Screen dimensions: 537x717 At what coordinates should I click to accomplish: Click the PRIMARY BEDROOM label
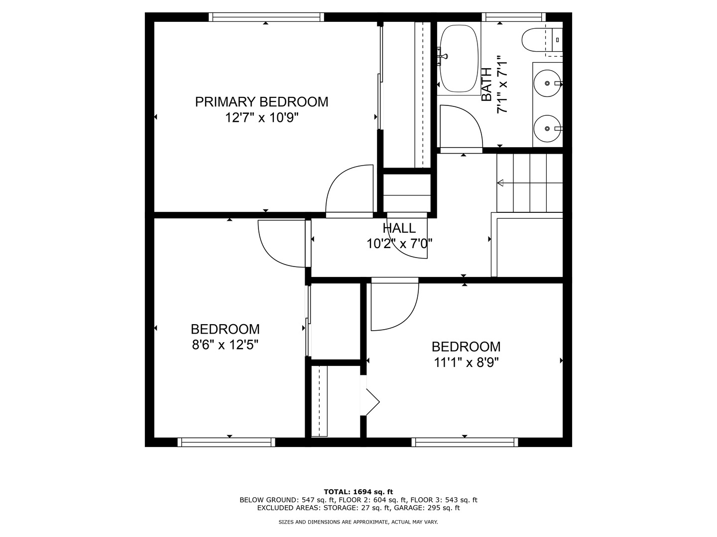[x=261, y=102]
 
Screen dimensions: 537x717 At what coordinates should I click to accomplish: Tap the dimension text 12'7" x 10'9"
[x=261, y=118]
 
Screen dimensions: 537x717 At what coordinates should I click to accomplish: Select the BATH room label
[x=487, y=85]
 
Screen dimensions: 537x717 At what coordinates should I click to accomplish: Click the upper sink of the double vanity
[x=547, y=83]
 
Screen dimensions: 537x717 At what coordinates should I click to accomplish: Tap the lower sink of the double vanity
[x=547, y=128]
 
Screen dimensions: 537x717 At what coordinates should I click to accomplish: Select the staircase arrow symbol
[x=500, y=183]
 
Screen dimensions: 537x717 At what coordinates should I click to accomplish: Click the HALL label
[x=399, y=228]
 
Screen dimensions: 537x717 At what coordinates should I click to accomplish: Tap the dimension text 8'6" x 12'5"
[x=225, y=345]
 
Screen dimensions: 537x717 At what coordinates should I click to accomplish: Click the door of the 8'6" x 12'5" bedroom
[x=281, y=244]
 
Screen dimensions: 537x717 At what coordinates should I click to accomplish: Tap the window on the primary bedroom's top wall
[x=266, y=17]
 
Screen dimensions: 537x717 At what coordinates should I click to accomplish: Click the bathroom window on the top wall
[x=512, y=17]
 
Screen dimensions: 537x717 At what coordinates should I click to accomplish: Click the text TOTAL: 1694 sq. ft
[x=358, y=492]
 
